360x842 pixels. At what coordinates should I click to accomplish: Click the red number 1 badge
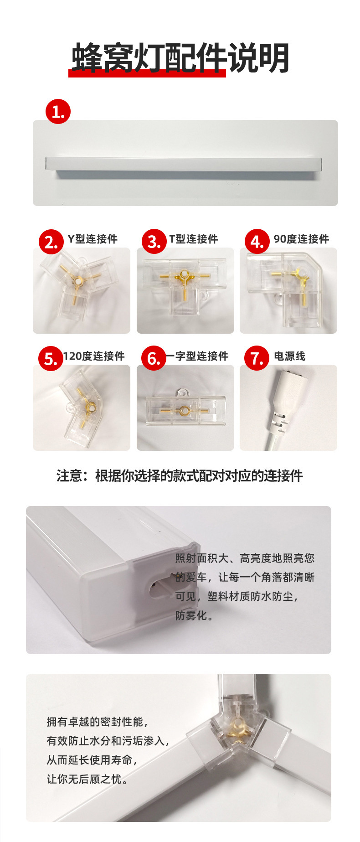(x=58, y=112)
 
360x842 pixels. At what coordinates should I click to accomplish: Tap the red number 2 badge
(x=51, y=242)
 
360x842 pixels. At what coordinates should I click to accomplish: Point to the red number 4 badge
(x=257, y=242)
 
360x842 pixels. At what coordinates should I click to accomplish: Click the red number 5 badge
(x=50, y=359)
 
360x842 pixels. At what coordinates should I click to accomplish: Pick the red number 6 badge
(x=154, y=359)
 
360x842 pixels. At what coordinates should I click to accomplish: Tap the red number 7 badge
(x=257, y=359)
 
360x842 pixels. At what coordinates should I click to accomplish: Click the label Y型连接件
(x=93, y=239)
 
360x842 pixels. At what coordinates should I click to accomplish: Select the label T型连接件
(x=194, y=239)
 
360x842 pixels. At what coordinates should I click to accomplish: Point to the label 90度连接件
(x=301, y=239)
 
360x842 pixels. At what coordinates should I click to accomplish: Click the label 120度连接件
(x=94, y=356)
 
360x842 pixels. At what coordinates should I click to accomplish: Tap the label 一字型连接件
(x=197, y=356)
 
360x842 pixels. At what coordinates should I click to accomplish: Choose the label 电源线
(x=290, y=356)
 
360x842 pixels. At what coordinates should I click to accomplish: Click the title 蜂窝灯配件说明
(x=180, y=58)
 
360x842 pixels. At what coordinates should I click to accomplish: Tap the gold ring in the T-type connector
(x=184, y=275)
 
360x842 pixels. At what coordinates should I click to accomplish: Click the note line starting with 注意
(x=180, y=476)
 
